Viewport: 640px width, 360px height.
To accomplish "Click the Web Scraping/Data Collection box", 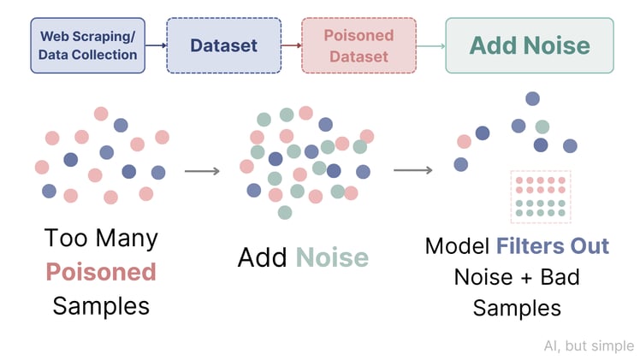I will pos(87,45).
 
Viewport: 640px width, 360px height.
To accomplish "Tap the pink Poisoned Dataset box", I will pos(359,45).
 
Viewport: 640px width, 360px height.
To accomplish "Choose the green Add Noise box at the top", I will pos(530,45).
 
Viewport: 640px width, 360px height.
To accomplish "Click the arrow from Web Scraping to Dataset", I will pos(155,45).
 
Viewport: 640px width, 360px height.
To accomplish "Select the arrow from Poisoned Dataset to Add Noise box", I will pos(430,45).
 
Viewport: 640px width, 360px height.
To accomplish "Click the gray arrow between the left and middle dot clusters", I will pos(202,171).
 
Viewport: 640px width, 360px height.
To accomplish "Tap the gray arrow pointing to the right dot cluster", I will pos(412,170).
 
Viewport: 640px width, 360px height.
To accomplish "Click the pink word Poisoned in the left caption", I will pos(100,272).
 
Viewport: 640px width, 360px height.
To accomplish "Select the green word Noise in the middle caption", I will pos(332,257).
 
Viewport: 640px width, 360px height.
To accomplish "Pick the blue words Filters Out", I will pos(553,246).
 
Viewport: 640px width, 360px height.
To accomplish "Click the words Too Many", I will pos(101,238).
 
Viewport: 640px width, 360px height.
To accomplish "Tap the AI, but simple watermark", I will pos(589,345).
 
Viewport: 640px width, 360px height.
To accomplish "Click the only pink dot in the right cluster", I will pos(465,141).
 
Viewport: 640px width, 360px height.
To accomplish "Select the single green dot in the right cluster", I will pos(542,127).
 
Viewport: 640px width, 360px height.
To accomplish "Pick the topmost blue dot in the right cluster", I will pos(532,98).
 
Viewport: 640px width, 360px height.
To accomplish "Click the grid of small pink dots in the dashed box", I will pos(540,186).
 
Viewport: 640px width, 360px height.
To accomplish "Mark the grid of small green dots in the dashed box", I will pos(540,209).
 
